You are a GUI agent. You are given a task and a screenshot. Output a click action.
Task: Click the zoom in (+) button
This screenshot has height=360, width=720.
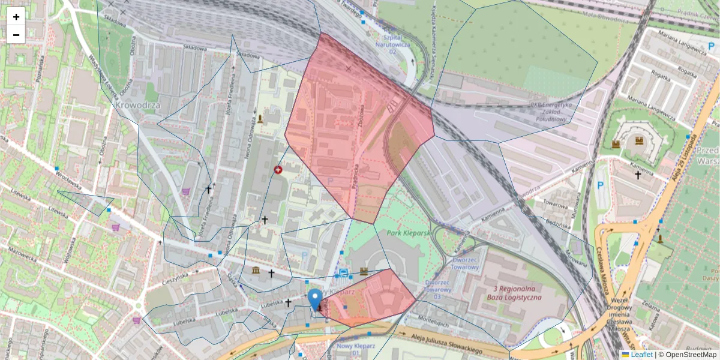click(x=16, y=17)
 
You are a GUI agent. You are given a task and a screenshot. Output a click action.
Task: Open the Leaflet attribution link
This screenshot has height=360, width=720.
click(x=638, y=355)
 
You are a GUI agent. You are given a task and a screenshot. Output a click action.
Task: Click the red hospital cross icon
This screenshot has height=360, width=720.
click(x=278, y=170)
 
